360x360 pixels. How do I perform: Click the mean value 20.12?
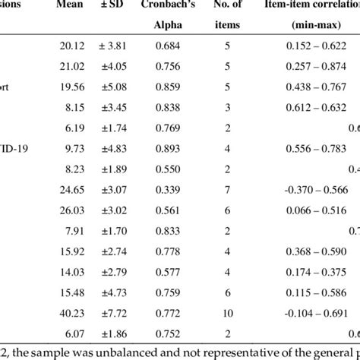(71, 45)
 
